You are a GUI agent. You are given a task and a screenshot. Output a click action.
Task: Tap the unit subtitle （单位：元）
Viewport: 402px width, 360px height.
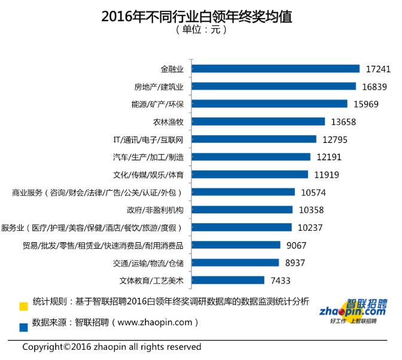pos(201,30)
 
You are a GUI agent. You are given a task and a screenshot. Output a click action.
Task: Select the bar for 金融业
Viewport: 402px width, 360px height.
pos(277,69)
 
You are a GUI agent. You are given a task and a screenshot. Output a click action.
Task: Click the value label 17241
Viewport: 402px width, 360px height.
pos(377,69)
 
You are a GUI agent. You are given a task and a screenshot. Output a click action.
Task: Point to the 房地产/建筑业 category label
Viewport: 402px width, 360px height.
pos(158,87)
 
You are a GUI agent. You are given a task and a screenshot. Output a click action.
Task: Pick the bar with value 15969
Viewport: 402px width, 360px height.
pos(270,104)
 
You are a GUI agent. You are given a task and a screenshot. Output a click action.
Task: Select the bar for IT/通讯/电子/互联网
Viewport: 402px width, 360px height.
pos(255,139)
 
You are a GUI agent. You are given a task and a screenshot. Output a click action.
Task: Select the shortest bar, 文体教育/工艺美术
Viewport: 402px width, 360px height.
pos(229,280)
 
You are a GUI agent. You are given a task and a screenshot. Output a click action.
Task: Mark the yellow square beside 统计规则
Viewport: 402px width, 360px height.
pos(23,306)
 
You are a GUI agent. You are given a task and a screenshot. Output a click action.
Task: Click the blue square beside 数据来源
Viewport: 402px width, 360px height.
pos(23,327)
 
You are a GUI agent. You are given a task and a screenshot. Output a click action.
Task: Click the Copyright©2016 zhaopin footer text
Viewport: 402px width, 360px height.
pos(112,347)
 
